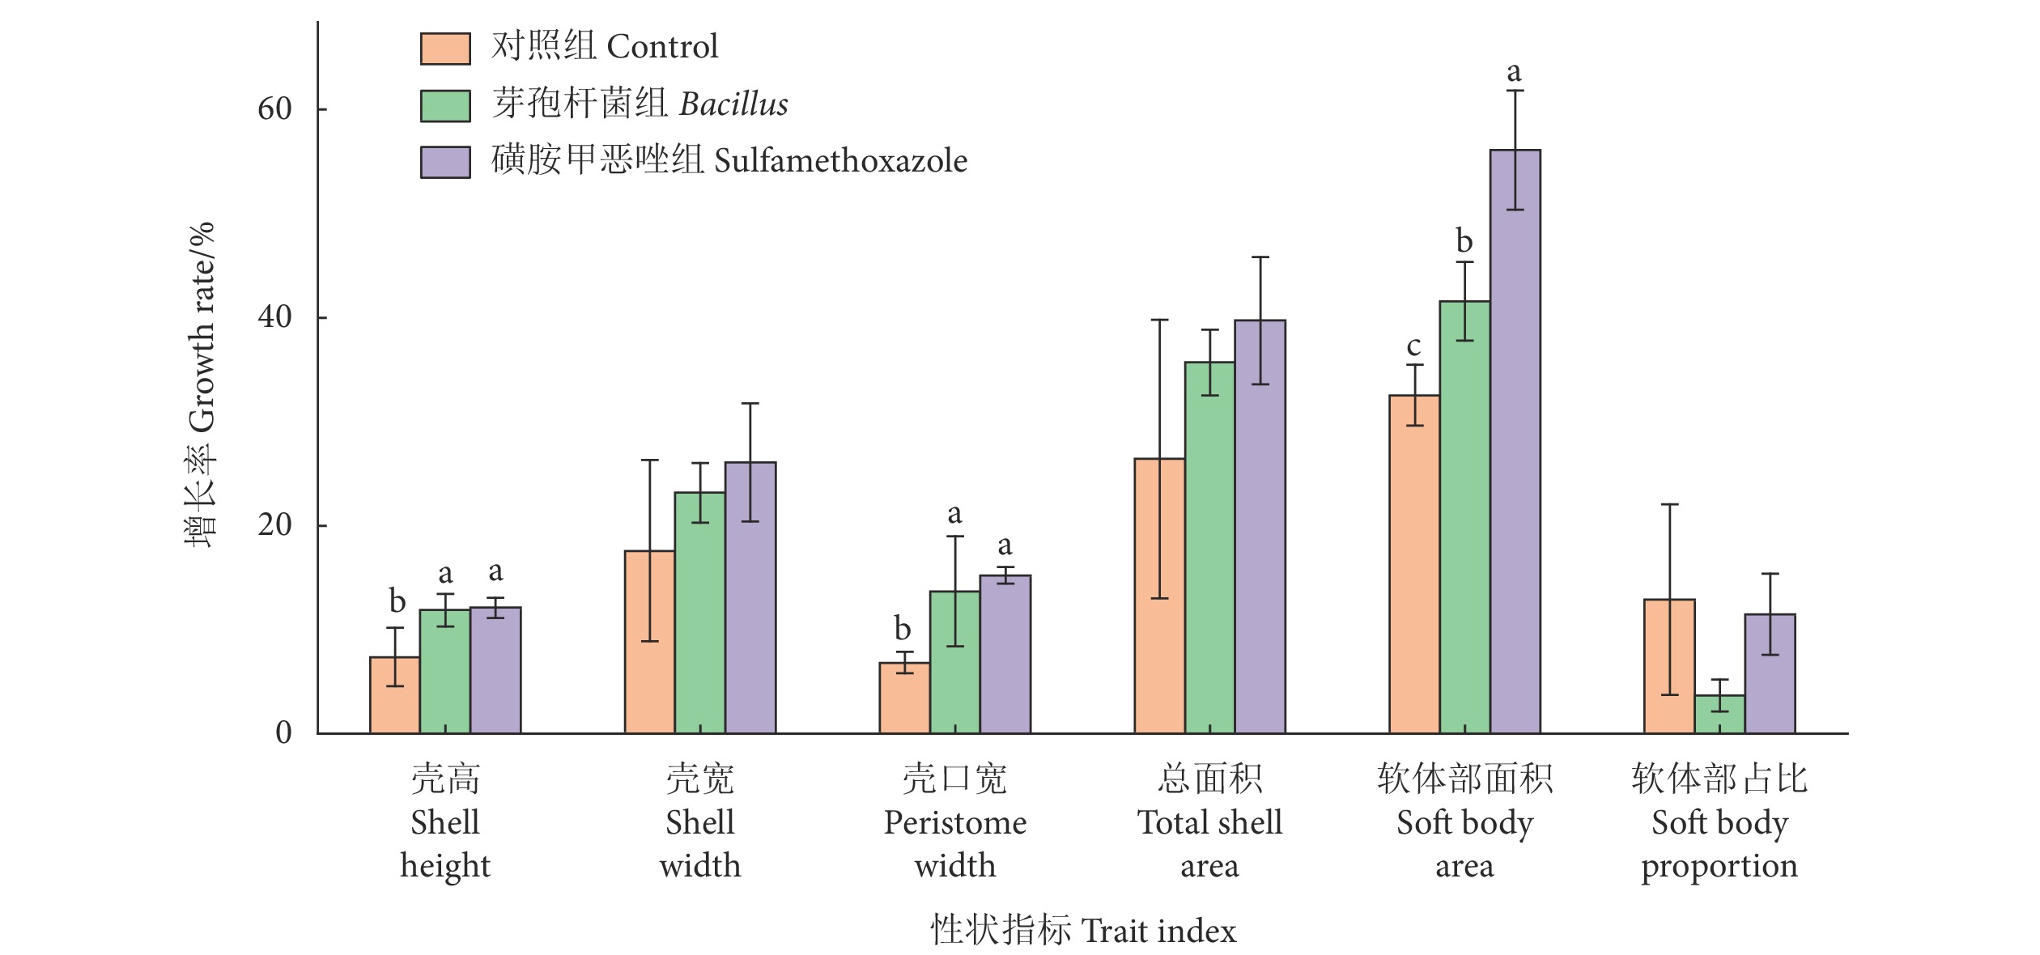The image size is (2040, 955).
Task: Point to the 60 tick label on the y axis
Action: [x=274, y=108]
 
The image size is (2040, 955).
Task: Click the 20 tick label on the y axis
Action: [x=274, y=524]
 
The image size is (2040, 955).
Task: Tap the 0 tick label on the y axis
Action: [x=283, y=732]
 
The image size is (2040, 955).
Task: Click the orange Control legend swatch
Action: [x=445, y=49]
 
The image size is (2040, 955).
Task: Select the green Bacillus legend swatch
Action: [x=445, y=105]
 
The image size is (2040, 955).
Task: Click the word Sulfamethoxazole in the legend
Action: [x=840, y=161]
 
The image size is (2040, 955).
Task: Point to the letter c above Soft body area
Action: [x=1413, y=346]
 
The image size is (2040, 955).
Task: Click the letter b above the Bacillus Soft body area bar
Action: [x=1464, y=241]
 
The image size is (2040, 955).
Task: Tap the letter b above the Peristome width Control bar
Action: [x=903, y=628]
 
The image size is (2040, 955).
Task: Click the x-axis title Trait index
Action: [x=1158, y=932]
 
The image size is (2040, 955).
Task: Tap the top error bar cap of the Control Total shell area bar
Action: [x=1159, y=320]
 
